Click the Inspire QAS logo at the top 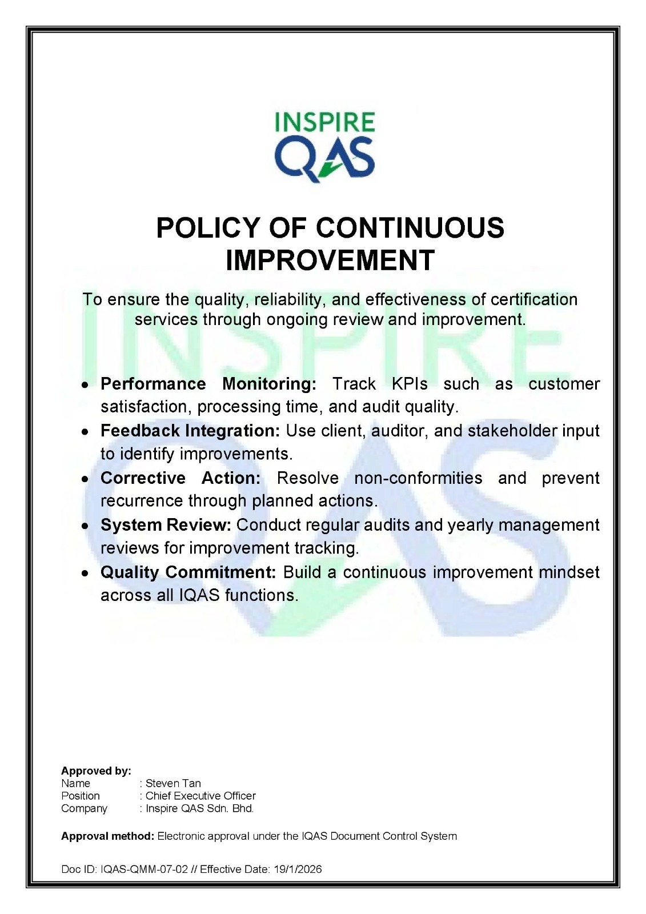pyautogui.click(x=324, y=147)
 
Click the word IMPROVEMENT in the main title pyautogui.click(x=330, y=260)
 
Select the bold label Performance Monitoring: pyautogui.click(x=208, y=384)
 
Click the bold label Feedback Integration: pyautogui.click(x=190, y=431)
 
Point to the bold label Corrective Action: pyautogui.click(x=180, y=478)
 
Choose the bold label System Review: pyautogui.click(x=166, y=525)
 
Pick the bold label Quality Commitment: pyautogui.click(x=188, y=572)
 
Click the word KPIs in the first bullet pyautogui.click(x=410, y=384)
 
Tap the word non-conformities pyautogui.click(x=418, y=478)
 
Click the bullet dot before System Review pyautogui.click(x=85, y=526)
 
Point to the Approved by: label pyautogui.click(x=96, y=771)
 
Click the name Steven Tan pyautogui.click(x=173, y=783)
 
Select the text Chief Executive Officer pyautogui.click(x=200, y=796)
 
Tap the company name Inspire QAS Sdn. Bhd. pyautogui.click(x=199, y=808)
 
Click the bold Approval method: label pyautogui.click(x=107, y=836)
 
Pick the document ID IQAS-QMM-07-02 pyautogui.click(x=144, y=869)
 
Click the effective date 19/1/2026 pyautogui.click(x=298, y=869)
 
